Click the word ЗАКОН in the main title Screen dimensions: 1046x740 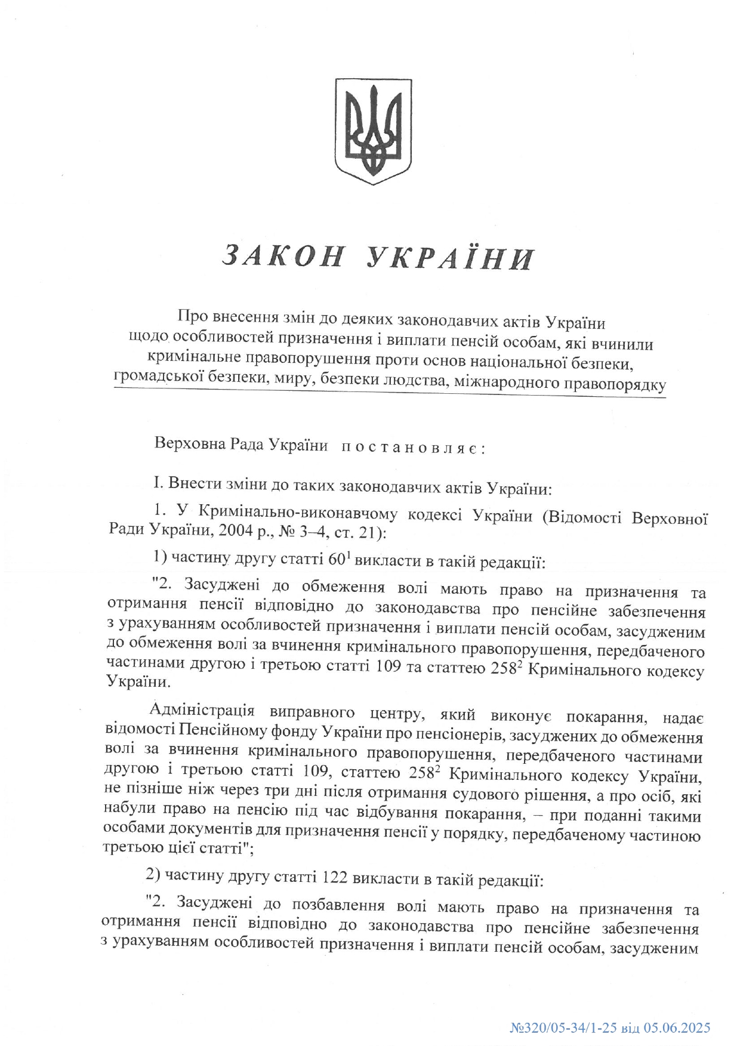tap(283, 257)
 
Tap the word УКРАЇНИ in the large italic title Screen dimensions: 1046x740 tap(449, 258)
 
